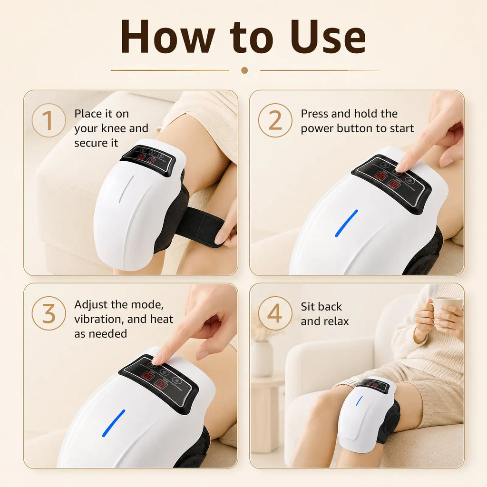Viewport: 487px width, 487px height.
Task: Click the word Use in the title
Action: click(x=328, y=37)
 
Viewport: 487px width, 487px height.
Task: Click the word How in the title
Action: click(x=168, y=37)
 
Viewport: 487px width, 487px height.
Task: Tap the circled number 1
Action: click(x=49, y=120)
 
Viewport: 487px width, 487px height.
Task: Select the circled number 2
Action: click(x=275, y=120)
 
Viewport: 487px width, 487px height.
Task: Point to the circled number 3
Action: click(x=49, y=313)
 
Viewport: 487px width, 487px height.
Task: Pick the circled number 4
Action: click(x=275, y=313)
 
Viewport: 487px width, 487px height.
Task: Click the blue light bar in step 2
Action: click(x=346, y=223)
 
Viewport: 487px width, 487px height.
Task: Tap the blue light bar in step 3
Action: click(x=114, y=423)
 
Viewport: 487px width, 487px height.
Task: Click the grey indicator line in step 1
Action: click(x=126, y=189)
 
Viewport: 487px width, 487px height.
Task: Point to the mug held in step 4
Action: click(x=447, y=310)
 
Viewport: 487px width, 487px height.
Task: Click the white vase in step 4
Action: click(x=262, y=359)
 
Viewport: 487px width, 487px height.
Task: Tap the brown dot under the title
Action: click(x=244, y=70)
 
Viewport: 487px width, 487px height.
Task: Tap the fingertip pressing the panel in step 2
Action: click(x=400, y=168)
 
